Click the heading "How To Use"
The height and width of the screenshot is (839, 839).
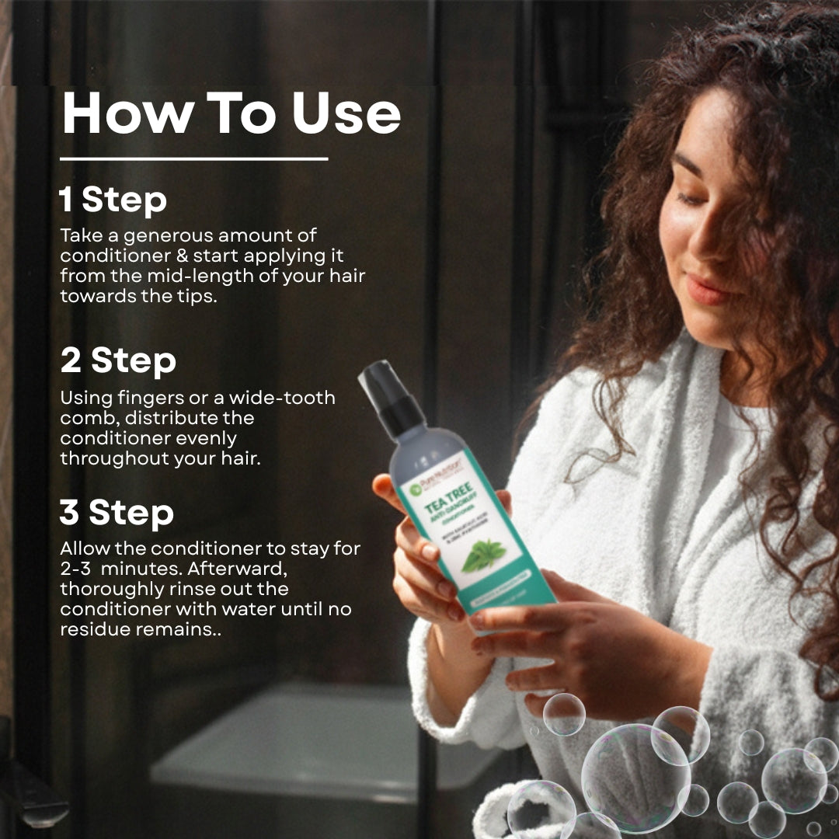coord(231,113)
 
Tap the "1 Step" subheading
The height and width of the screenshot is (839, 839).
coord(113,200)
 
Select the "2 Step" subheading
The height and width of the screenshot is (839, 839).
coord(118,361)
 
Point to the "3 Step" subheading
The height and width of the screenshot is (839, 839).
coord(117,513)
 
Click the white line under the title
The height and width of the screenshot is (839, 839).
coord(193,159)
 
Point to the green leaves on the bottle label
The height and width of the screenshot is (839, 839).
coord(483,555)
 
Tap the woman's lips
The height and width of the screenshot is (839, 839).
coord(705,291)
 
